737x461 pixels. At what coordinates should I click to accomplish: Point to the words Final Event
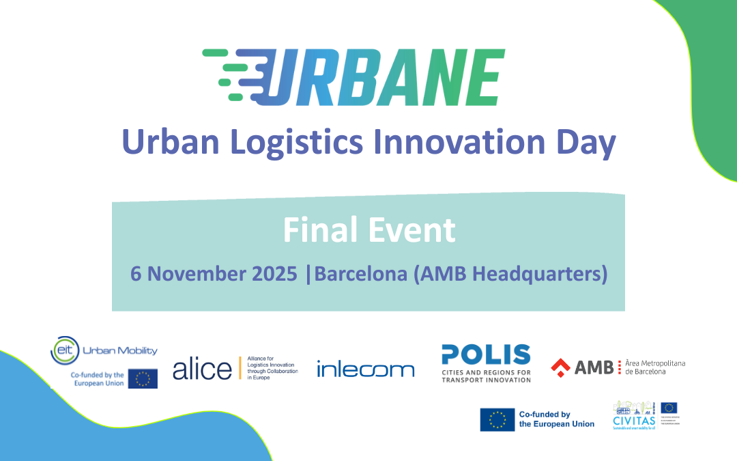(x=369, y=230)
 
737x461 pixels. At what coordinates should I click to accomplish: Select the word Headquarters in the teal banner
(x=538, y=273)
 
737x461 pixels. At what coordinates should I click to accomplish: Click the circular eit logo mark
(x=63, y=350)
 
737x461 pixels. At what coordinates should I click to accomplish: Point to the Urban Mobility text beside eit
(x=119, y=350)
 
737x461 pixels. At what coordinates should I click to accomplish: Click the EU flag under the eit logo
(x=143, y=378)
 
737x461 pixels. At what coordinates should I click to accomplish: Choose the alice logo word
(x=202, y=369)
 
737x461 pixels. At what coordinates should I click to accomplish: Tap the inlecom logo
(x=365, y=369)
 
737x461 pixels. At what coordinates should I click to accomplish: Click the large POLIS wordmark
(x=486, y=354)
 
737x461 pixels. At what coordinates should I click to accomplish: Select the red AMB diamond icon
(x=561, y=367)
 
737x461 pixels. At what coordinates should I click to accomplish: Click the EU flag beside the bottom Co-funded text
(x=497, y=419)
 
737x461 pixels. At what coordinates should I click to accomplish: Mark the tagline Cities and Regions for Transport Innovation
(x=486, y=376)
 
